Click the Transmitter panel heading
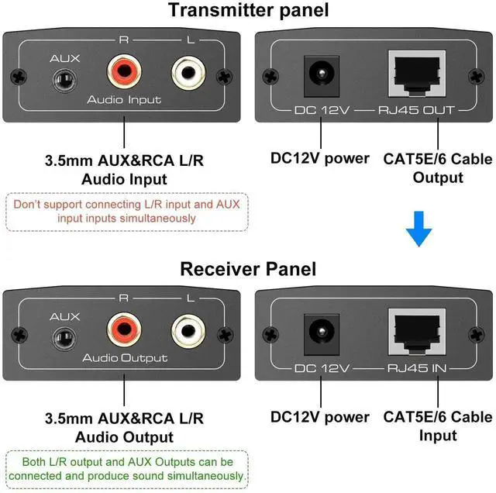click(247, 11)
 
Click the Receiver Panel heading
click(247, 269)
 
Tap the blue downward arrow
click(419, 229)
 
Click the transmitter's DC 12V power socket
click(318, 76)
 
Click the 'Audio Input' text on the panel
click(124, 100)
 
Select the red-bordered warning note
click(126, 212)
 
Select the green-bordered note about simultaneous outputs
click(126, 469)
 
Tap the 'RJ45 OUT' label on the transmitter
click(415, 111)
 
